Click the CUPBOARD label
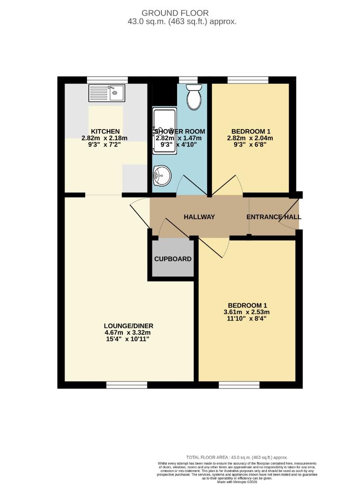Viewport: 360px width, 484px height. coord(173,259)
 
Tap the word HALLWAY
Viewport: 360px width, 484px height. coord(200,217)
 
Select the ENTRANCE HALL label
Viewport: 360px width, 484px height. coord(274,217)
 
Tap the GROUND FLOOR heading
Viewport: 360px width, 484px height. coord(180,13)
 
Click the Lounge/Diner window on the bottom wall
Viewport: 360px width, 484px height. coord(127,385)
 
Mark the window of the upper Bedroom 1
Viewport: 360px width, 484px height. coord(248,80)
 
